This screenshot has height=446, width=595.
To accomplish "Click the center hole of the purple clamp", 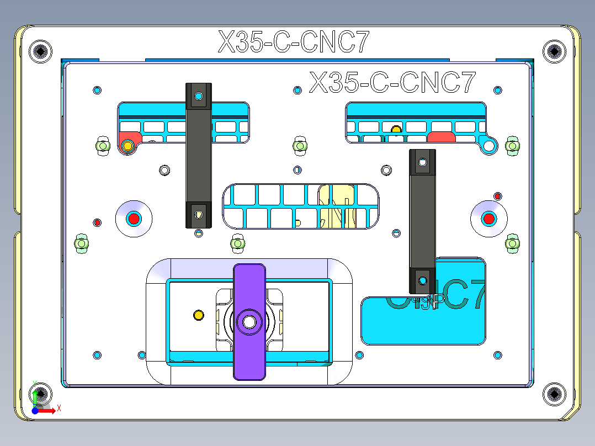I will point(249,322).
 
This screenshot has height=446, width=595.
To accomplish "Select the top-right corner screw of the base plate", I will point(554,51).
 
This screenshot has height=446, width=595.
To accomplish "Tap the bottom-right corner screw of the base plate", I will point(554,394).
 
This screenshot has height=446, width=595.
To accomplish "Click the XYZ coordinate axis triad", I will point(40,402).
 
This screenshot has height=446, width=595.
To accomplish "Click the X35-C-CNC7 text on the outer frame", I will point(293,42).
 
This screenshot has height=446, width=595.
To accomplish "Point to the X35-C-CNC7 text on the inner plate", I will point(392,83).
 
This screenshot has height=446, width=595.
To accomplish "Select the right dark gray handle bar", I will point(422,221).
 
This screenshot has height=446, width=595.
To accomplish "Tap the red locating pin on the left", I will point(134,219).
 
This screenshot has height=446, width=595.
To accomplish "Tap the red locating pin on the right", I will point(488,219).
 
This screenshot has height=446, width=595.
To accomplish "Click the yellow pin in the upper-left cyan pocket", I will point(128,146).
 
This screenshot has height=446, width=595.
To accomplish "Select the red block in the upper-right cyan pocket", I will point(441,137).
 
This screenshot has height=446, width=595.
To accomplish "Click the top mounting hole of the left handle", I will point(199,96).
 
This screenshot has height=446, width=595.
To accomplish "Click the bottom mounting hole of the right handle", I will point(422,280).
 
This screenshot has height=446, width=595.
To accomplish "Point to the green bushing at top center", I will point(299,146).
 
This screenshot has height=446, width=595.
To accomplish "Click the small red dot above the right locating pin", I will point(497,196).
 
